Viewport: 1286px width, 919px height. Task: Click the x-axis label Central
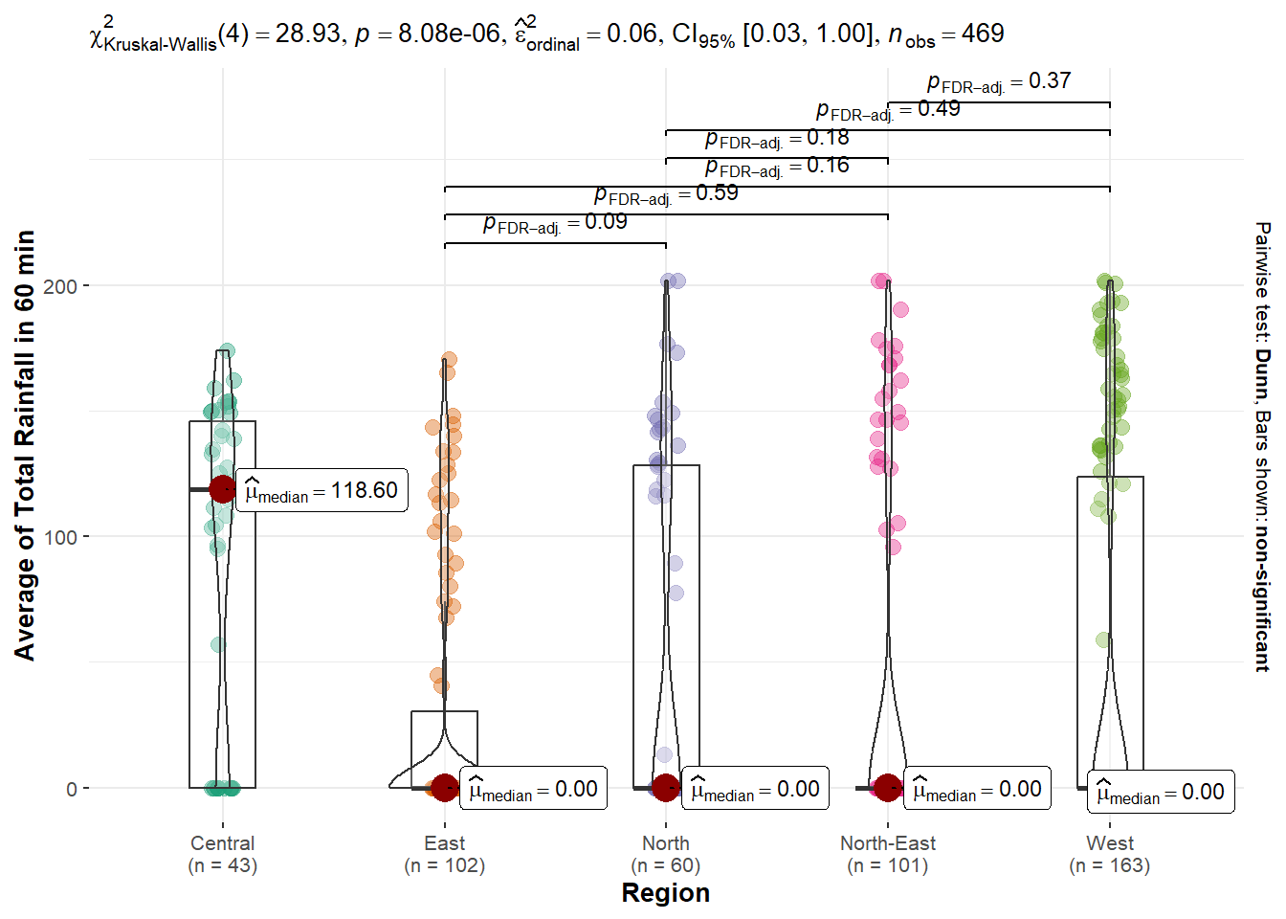(222, 843)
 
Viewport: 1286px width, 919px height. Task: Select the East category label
(444, 843)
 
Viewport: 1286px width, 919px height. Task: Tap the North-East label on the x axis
(887, 843)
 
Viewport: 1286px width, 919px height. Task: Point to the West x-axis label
(1110, 843)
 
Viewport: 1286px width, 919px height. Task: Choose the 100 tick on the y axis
(59, 537)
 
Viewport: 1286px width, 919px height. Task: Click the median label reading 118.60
(321, 490)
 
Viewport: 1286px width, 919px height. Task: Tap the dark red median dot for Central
(223, 489)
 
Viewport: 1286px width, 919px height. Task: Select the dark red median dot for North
(666, 788)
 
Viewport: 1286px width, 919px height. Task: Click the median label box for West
(1160, 792)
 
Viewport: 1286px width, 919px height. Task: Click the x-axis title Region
(665, 892)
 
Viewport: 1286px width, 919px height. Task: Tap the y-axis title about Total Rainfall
(25, 445)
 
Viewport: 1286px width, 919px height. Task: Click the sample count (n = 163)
(1110, 865)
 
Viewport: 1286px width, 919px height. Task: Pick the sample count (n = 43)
(222, 865)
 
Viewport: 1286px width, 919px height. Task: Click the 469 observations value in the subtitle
(983, 34)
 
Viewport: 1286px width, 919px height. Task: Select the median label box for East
(533, 789)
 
